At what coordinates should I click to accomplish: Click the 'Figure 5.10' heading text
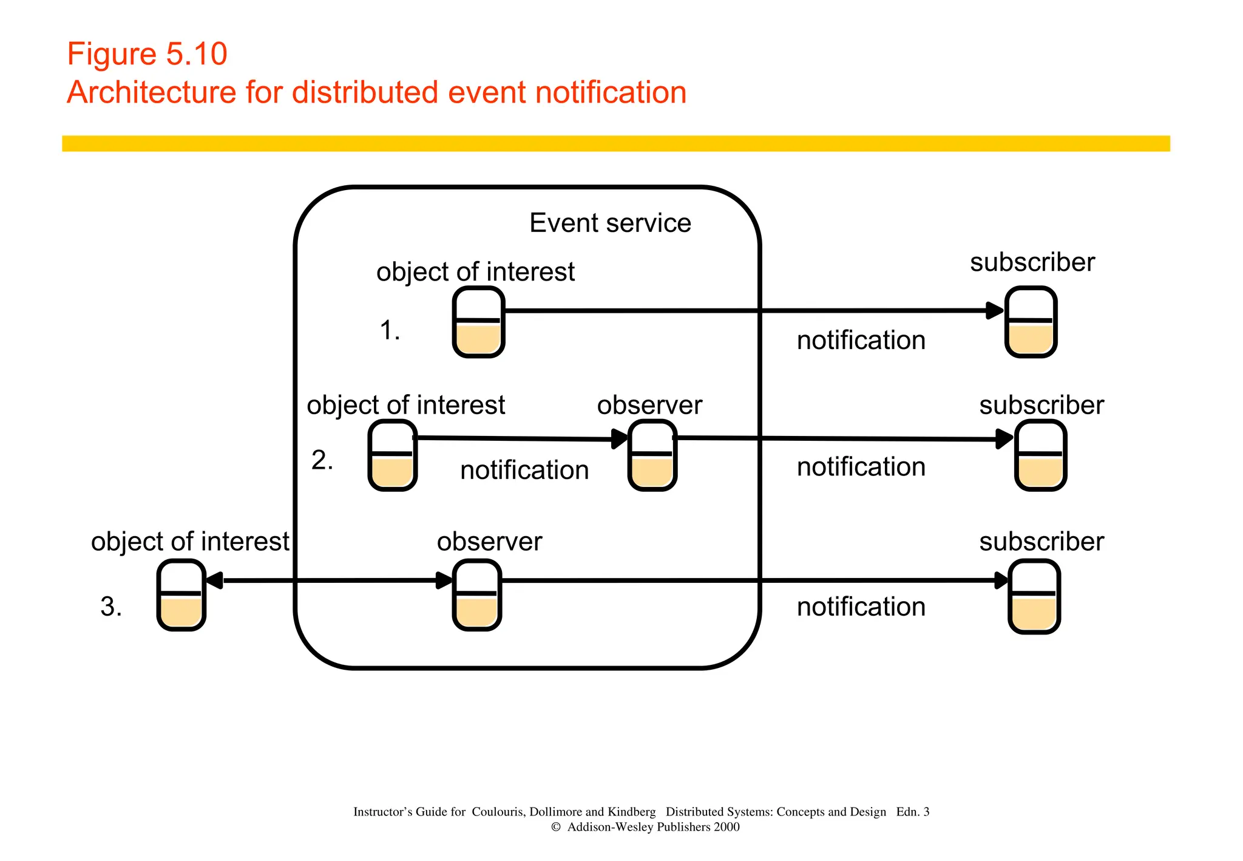(x=147, y=54)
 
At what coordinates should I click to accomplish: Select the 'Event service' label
(x=610, y=223)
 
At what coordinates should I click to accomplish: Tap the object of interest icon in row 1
(x=479, y=322)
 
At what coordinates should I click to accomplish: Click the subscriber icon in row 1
(x=1031, y=322)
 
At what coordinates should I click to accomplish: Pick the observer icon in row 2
(x=652, y=455)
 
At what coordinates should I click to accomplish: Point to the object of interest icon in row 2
(x=393, y=455)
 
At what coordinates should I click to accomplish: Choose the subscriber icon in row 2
(x=1040, y=455)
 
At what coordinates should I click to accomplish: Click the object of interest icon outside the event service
(x=181, y=595)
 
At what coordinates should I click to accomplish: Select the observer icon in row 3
(x=477, y=595)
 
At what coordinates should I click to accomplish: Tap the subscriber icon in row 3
(x=1034, y=596)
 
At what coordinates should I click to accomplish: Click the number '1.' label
(x=390, y=331)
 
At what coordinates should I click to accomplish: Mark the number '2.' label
(x=322, y=460)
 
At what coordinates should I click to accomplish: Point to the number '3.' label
(x=111, y=607)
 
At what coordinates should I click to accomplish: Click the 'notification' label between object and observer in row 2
(x=524, y=471)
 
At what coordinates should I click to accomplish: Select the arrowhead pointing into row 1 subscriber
(x=995, y=310)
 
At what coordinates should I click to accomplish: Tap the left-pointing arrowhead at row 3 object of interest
(x=214, y=580)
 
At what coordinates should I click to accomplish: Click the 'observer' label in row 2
(x=649, y=405)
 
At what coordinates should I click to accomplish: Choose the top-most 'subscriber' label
(x=1032, y=262)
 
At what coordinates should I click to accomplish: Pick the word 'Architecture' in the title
(x=151, y=93)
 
